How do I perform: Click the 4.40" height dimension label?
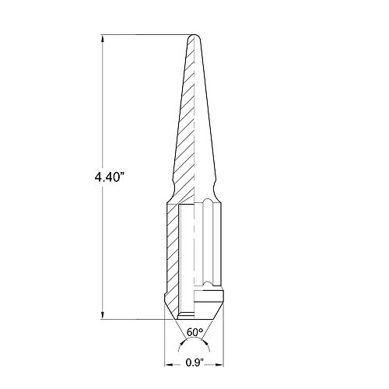(108, 177)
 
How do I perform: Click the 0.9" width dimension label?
(194, 363)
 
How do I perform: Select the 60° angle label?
(194, 332)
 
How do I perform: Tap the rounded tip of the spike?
(194, 36)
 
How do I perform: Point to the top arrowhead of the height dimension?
(103, 39)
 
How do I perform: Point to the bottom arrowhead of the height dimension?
(103, 315)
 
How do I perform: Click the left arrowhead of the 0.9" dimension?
(169, 365)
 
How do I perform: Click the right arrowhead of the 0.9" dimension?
(219, 365)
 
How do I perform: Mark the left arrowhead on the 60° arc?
(183, 342)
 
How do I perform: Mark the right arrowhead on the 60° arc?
(205, 342)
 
